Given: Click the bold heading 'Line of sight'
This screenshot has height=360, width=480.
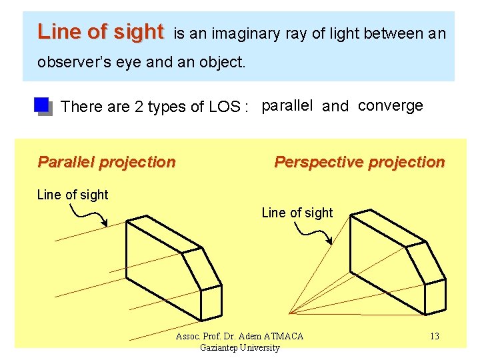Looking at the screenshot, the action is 100,31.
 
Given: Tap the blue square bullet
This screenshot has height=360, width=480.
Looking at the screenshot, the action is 42,105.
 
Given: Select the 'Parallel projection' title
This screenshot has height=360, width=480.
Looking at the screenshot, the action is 107,162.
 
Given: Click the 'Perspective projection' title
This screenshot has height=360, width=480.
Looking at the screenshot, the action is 359,162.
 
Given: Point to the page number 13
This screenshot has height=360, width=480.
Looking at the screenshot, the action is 434,336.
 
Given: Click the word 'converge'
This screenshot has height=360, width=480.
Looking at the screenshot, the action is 390,105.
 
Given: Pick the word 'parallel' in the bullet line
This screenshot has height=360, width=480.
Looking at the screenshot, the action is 287,106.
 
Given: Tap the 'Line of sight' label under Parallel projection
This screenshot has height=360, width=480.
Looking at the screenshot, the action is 72,195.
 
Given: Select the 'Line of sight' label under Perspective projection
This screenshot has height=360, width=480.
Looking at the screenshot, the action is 297,213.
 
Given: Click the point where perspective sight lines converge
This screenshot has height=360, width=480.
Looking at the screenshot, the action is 291,312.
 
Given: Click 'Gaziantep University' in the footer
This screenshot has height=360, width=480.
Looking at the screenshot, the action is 239,347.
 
